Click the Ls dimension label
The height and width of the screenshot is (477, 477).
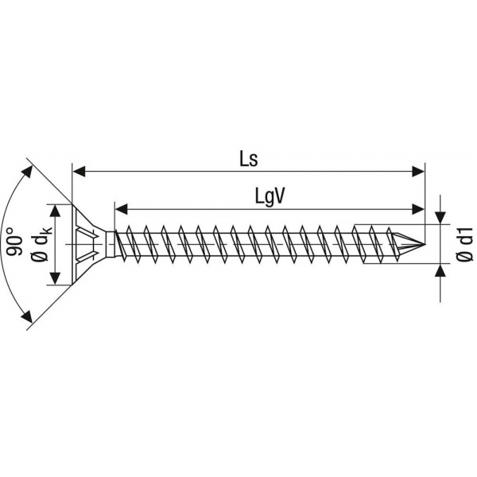coord(249,159)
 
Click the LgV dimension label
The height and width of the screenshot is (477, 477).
coord(270,198)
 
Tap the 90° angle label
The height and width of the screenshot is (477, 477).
coord(15,242)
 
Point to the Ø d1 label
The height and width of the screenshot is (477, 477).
coord(464,244)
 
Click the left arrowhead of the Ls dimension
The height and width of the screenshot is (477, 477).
coord(79,172)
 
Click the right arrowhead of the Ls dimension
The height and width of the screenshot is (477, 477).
coord(418,172)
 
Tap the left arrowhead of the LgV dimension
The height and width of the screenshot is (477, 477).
coord(121,209)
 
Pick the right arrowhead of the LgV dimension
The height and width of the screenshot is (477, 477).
coord(417,209)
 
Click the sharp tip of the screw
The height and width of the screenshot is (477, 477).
coord(425,244)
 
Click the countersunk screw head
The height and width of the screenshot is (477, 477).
coord(89,244)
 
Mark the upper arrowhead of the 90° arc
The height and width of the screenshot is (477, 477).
coord(27,171)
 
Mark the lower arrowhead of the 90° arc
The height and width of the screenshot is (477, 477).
coord(27,316)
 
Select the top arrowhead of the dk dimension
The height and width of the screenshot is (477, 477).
coord(55,211)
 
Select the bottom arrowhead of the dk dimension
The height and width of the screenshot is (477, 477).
coord(55,278)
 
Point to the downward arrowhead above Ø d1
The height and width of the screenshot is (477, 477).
coord(440,218)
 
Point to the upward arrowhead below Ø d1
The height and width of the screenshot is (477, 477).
coord(440,271)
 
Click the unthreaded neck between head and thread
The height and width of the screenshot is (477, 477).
coord(111,244)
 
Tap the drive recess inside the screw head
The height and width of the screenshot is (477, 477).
coord(87,244)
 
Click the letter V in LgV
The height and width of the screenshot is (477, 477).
coord(279,196)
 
